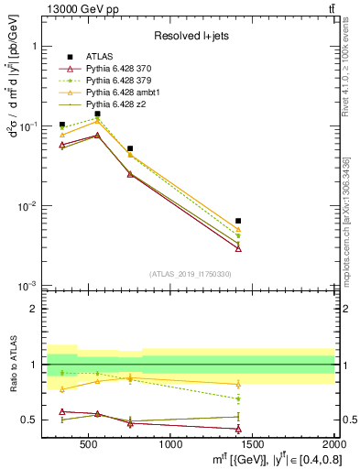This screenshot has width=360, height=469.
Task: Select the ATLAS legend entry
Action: pos(100,57)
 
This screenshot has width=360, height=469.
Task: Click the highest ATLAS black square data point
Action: pos(98,114)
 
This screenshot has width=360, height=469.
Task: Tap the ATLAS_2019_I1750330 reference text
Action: pos(191,273)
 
